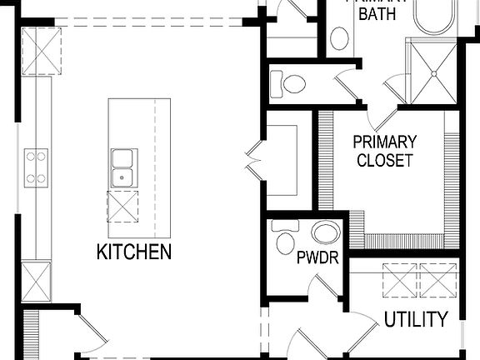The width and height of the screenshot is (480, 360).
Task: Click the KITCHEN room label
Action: (134, 251)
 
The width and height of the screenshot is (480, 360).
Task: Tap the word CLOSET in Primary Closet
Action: (384, 160)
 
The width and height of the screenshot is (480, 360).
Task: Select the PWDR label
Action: (317, 257)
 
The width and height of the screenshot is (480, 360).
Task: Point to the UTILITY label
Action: (416, 319)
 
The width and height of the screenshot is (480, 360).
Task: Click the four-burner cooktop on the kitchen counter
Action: (36, 166)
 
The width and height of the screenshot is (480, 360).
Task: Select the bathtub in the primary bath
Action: (435, 16)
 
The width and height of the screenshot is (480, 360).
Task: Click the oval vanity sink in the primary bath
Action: (339, 38)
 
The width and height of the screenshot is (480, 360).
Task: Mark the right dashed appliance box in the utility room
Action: (439, 279)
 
